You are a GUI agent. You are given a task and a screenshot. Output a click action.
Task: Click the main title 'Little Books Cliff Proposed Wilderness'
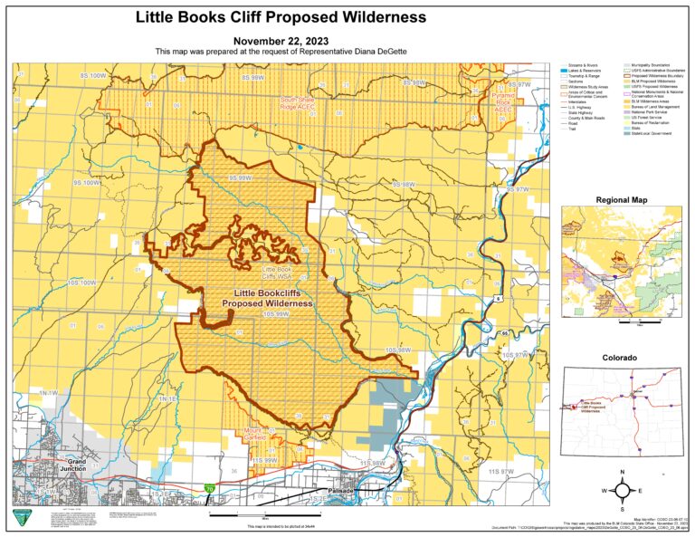281,17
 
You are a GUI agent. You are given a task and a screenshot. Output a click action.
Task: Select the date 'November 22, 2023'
281,42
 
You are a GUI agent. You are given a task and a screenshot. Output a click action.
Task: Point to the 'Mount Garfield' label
256,434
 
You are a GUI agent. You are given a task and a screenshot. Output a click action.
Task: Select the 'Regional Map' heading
621,199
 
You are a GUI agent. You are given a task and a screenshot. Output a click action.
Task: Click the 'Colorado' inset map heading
621,358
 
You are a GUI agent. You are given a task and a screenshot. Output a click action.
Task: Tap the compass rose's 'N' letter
623,473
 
